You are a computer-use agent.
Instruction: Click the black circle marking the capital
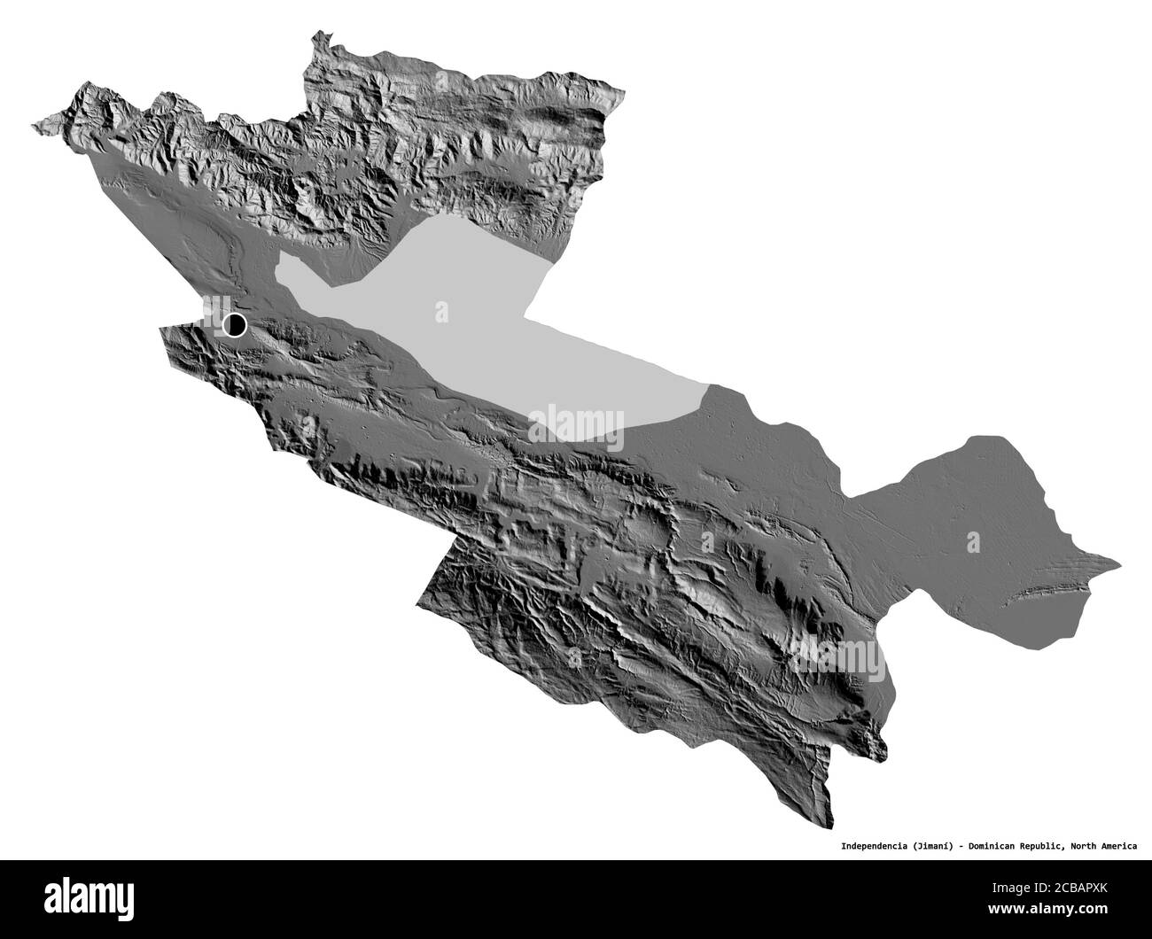click(235, 325)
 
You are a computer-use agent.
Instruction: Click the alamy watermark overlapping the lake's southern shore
click(576, 423)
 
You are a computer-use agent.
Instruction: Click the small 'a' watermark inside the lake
click(440, 312)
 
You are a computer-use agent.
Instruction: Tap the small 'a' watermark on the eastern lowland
click(974, 539)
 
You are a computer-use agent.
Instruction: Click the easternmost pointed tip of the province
click(1120, 561)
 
